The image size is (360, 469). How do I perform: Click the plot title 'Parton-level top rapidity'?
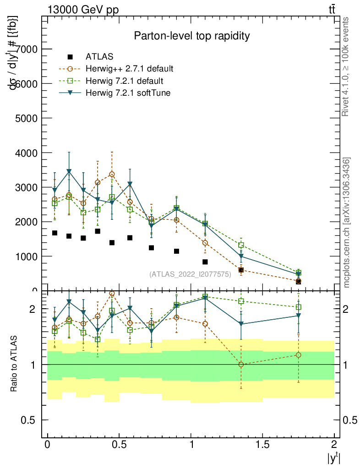point(191,36)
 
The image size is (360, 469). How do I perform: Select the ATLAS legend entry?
point(99,57)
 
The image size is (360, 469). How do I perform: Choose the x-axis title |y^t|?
point(333,458)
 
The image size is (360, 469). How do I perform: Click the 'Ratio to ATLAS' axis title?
point(14,364)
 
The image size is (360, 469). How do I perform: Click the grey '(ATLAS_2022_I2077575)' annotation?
point(190,274)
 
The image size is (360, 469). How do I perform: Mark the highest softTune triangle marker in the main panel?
point(69,171)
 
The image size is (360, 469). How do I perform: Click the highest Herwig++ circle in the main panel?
point(112,174)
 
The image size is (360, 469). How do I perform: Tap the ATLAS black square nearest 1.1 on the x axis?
point(205,262)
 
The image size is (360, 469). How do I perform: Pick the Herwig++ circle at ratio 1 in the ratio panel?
point(241,365)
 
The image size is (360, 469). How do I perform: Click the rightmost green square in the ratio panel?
point(298,307)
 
